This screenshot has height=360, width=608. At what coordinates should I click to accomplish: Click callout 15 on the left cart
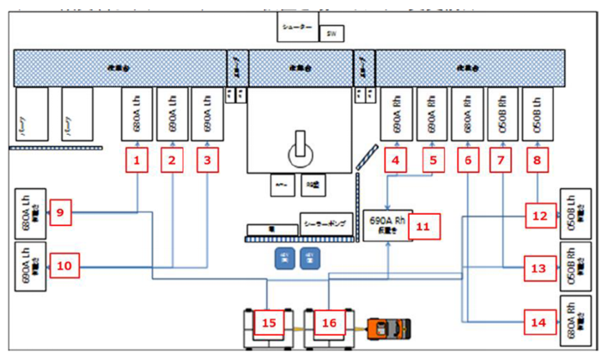coord(270,322)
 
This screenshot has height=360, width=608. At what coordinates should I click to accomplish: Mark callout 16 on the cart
coord(329,322)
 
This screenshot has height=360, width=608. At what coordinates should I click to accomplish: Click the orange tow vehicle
coord(390,328)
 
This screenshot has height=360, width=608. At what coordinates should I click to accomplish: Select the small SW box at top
coord(332,34)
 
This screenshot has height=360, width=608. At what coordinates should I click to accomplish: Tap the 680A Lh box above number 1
coord(137,112)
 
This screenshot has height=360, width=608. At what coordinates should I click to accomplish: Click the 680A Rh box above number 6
coord(468,112)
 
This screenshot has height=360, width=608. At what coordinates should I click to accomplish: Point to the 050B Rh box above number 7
coord(503,112)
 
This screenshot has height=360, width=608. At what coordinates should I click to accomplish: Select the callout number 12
coord(539,217)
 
